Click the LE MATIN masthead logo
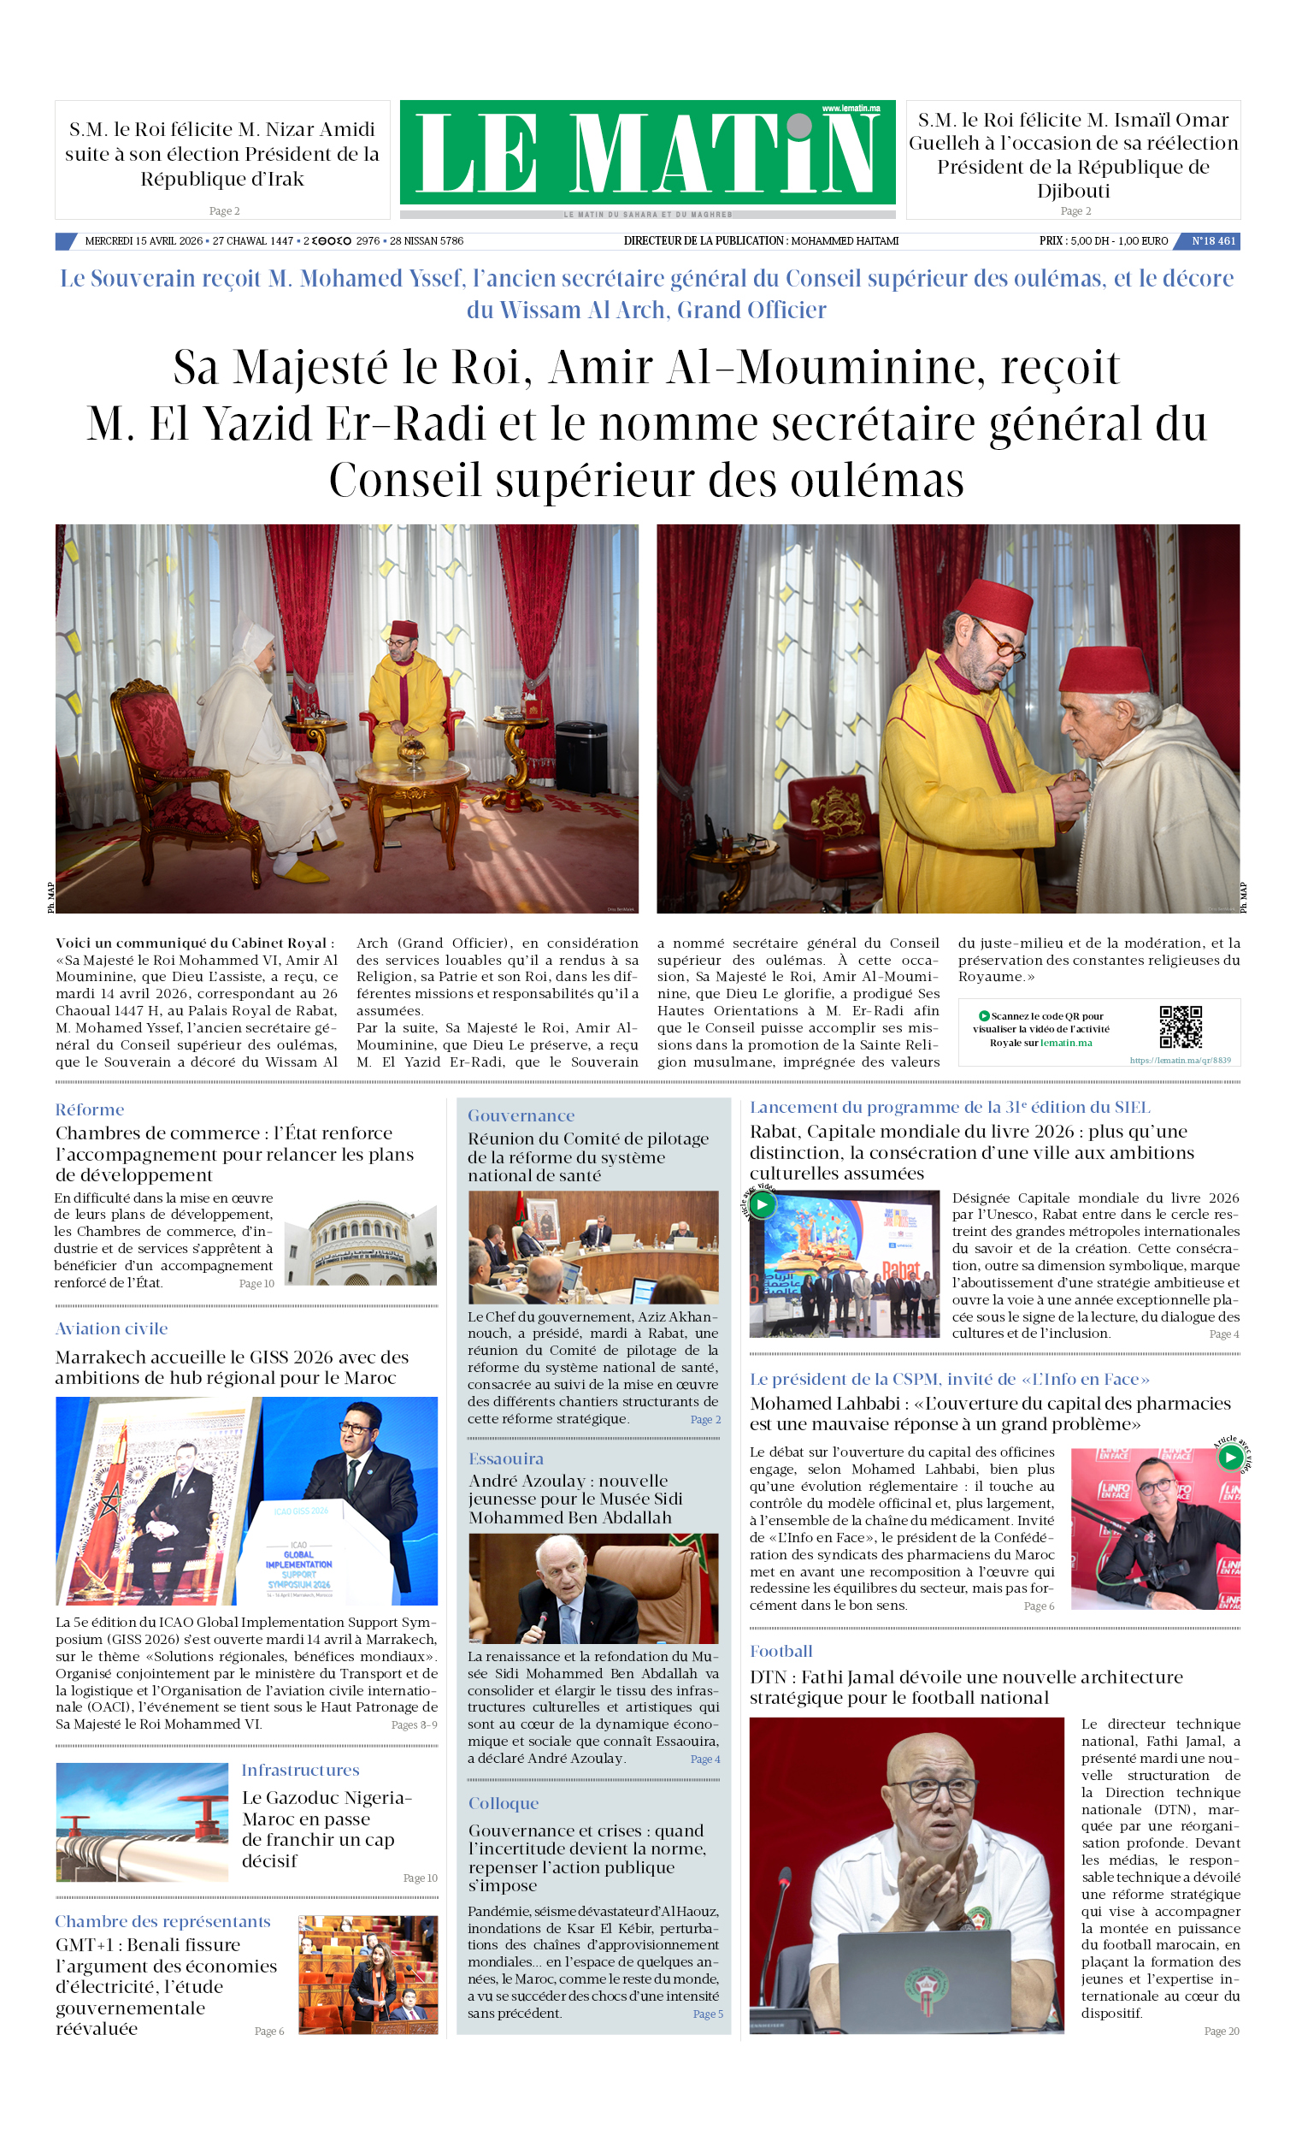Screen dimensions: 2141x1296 click(647, 153)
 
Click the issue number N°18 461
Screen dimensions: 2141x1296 click(1212, 240)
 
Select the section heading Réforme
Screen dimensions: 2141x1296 click(90, 1109)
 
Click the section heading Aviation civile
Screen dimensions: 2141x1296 click(111, 1328)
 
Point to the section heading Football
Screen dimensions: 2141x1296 click(781, 1651)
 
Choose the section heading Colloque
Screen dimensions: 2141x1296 click(504, 1803)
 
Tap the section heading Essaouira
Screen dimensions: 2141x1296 click(505, 1459)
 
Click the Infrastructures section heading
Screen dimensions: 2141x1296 click(300, 1770)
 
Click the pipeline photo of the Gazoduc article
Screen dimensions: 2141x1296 click(142, 1821)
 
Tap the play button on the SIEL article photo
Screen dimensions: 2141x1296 click(762, 1204)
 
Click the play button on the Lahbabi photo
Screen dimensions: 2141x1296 click(1229, 1458)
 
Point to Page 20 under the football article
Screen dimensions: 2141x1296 click(1221, 2031)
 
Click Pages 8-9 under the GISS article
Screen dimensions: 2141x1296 click(414, 1724)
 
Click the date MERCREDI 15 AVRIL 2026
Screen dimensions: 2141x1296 click(144, 240)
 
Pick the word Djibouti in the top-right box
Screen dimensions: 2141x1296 click(1073, 190)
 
